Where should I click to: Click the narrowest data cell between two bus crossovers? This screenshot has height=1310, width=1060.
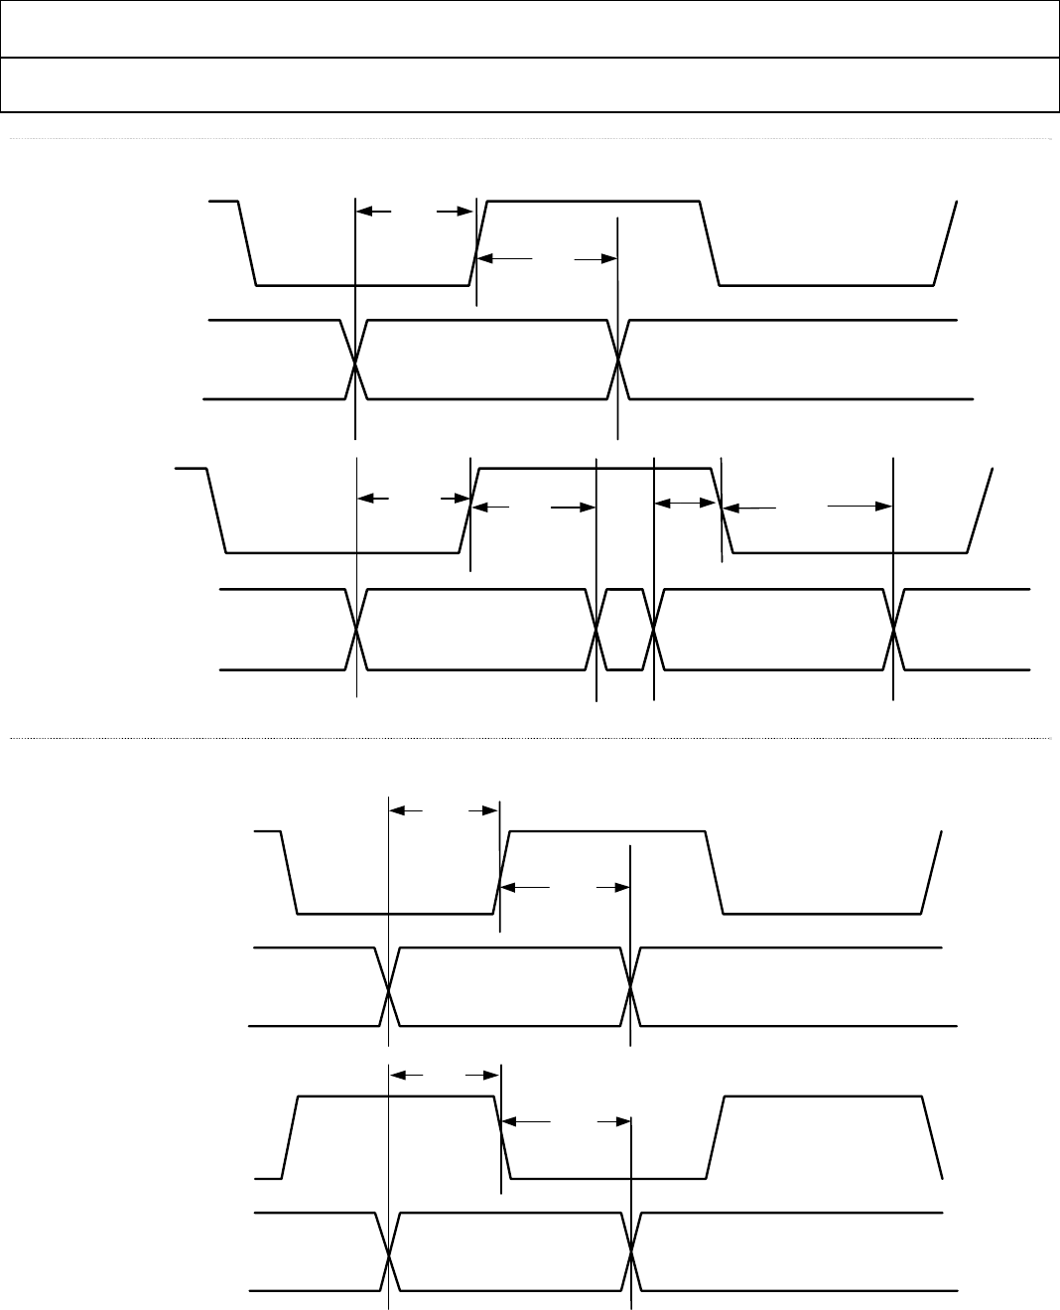[x=625, y=630]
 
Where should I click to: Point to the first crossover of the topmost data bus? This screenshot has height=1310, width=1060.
[x=355, y=361]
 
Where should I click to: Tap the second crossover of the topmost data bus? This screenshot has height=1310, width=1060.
[x=617, y=361]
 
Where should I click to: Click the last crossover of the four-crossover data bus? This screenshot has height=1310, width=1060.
[x=893, y=630]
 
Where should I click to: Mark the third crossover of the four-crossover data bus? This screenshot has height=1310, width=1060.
[x=654, y=630]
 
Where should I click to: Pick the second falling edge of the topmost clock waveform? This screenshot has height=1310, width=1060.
[x=710, y=242]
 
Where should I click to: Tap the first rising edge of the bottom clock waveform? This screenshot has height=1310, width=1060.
[x=290, y=1137]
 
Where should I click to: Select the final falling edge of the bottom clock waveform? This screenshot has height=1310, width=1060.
[x=932, y=1137]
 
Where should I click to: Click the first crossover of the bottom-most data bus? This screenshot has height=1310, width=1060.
[x=389, y=1253]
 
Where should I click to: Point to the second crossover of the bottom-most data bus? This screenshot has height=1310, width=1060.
[x=631, y=1253]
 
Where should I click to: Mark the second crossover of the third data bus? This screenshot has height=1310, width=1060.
[x=630, y=987]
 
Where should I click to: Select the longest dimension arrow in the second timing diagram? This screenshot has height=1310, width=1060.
[x=807, y=507]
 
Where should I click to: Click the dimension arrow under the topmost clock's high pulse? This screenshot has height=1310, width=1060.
[x=546, y=258]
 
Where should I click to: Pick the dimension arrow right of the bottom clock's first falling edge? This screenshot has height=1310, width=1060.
[x=566, y=1121]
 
